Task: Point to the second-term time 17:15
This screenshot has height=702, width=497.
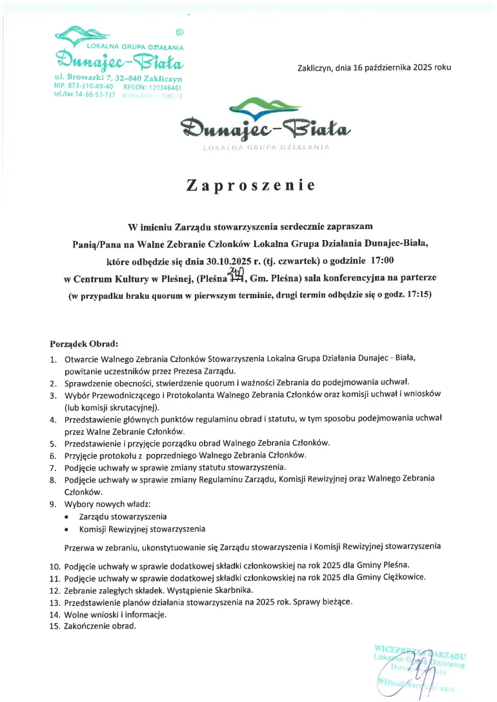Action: (416, 295)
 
